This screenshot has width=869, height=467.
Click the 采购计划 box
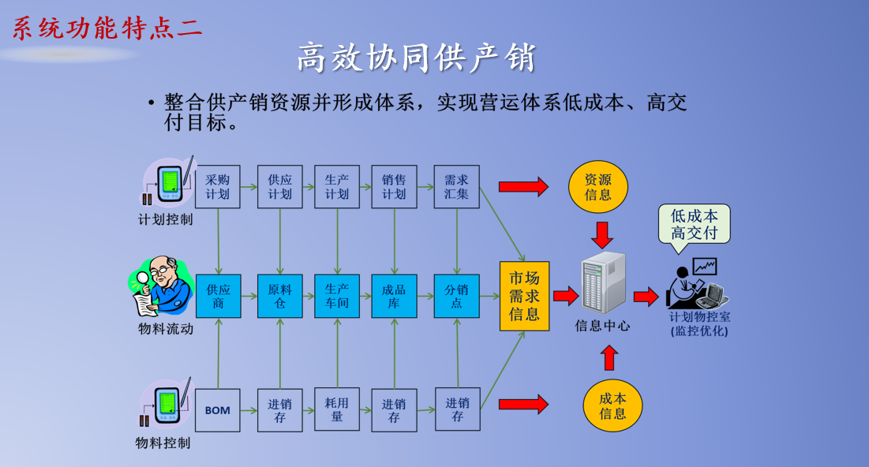click(218, 186)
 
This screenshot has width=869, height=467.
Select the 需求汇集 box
click(456, 186)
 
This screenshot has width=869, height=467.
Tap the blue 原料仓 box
click(280, 296)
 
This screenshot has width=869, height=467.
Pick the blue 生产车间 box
click(337, 296)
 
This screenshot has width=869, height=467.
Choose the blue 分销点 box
click(456, 296)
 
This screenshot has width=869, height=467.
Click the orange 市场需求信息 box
click(524, 296)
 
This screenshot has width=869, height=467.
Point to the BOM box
click(218, 409)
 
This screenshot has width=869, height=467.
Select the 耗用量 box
click(337, 409)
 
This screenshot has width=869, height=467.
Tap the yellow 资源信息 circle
click(598, 187)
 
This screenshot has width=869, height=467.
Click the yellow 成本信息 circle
click(612, 405)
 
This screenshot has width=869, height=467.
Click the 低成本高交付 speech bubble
click(695, 223)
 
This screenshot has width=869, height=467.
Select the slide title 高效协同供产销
click(417, 58)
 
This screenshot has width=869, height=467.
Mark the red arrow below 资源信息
click(603, 234)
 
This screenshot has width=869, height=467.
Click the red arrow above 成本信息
click(609, 357)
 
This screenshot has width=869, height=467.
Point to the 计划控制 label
click(165, 219)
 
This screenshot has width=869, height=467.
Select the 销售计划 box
click(394, 186)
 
